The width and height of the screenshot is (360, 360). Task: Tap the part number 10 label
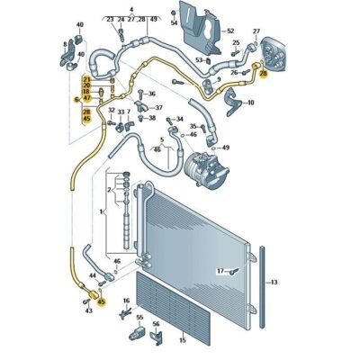click(x=250, y=103)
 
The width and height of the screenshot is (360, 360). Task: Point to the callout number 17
click(x=219, y=270)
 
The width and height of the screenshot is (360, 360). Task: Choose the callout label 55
click(x=139, y=318)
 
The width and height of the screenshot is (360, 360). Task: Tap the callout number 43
click(x=88, y=310)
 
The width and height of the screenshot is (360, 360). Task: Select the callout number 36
click(x=151, y=94)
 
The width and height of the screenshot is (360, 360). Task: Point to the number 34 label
click(x=179, y=119)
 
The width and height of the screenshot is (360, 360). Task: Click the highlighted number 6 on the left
click(x=76, y=100)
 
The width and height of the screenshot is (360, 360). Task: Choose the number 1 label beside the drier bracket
click(x=103, y=209)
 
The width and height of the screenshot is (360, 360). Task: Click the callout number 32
click(x=111, y=110)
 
